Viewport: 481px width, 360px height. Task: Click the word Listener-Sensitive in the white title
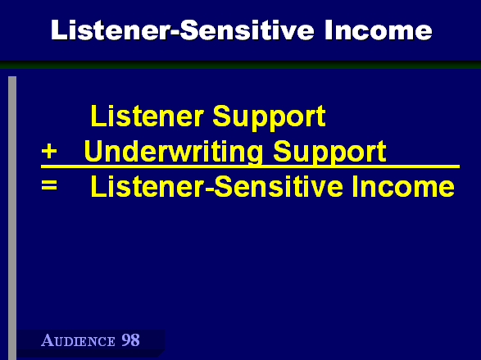pos(183,30)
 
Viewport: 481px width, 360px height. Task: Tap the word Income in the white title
pos(379,30)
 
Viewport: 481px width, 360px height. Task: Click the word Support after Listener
pos(269,118)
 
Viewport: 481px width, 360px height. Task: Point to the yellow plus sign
pos(49,152)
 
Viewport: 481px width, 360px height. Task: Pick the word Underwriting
pos(174,152)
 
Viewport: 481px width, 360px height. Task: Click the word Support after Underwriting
pos(329,153)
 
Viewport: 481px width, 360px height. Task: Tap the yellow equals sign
pos(49,185)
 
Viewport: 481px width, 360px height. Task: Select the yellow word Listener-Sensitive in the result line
pos(216,186)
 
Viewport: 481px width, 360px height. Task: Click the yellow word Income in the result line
pos(403,186)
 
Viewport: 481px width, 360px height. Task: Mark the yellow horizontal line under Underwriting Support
pos(250,166)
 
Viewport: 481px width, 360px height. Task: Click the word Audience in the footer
pos(78,340)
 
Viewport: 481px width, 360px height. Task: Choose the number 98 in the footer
pos(130,340)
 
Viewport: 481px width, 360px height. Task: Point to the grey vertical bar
pos(12,218)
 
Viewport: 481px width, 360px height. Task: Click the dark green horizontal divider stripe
pos(241,65)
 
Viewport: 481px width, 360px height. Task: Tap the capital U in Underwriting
pos(93,151)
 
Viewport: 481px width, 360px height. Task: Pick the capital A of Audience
pos(47,340)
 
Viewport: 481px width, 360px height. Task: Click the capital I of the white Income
pos(327,30)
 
